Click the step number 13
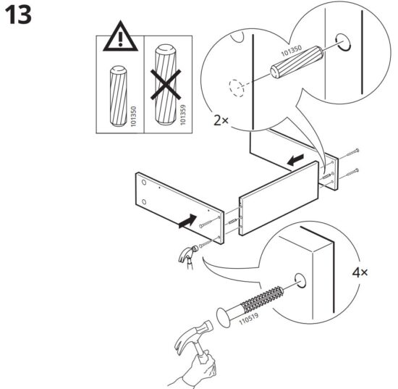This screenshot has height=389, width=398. coord(18,15)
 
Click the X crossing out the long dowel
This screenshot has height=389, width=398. coord(166,85)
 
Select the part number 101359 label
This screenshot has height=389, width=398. coord(183,115)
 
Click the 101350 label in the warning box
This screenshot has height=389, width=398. coord(134,117)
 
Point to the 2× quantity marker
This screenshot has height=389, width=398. coord(221,121)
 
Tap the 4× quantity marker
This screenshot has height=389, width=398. coord(360,273)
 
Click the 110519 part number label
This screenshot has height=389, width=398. coord(249,318)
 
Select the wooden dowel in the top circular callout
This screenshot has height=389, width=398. coord(297,60)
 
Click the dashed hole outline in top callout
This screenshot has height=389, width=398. coord(236,88)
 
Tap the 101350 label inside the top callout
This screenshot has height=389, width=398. coord(292,51)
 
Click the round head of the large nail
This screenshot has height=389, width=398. coord(224,317)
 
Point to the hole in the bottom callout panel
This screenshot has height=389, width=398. coord(300,281)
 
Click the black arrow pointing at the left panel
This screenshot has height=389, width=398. coord(187,222)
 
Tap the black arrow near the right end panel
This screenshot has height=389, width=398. coord(295,159)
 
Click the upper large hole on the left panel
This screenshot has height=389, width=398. coord(144,182)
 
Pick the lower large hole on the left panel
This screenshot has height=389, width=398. coord(144,202)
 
